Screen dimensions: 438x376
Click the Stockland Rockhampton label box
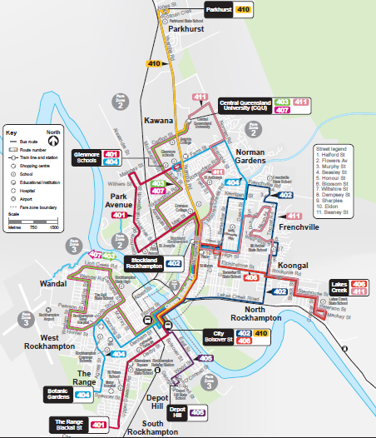pos(143,264)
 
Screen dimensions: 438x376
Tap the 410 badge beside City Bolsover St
pos(261,333)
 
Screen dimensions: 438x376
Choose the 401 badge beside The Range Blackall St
pos(99,426)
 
